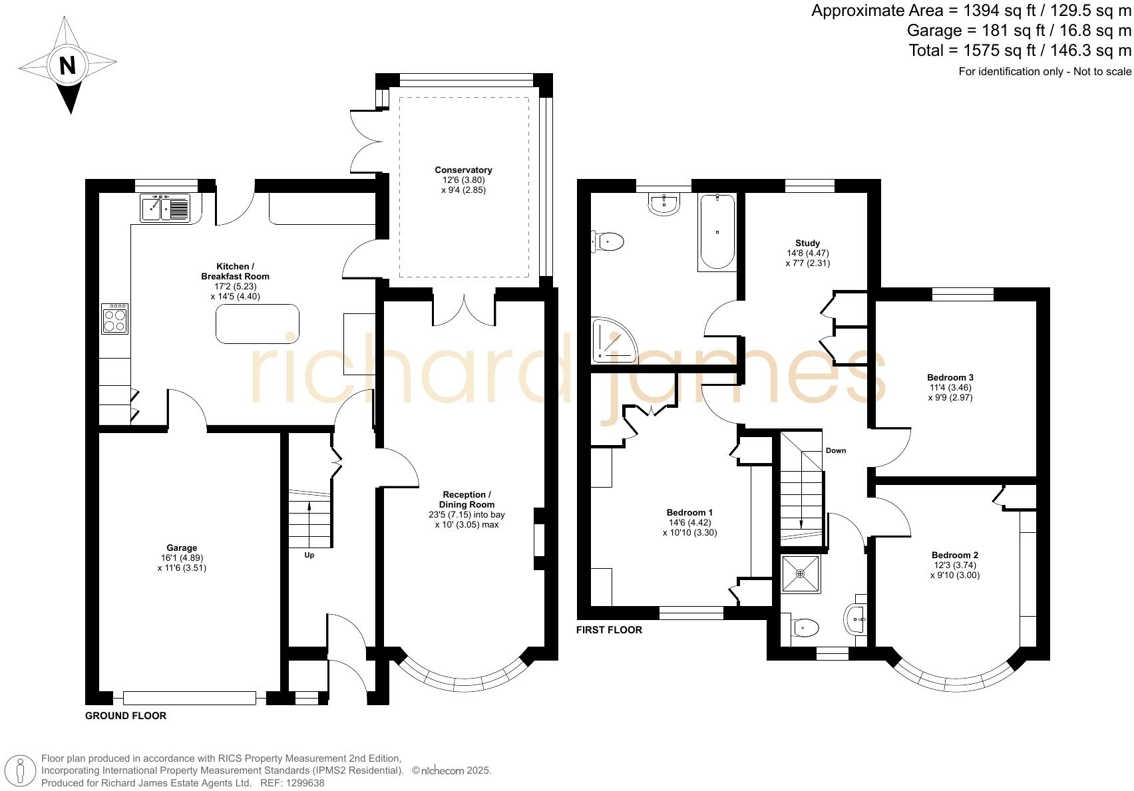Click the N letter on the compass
click(67, 66)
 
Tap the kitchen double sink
click(165, 208)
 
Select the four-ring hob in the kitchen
click(114, 319)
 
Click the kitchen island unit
click(257, 324)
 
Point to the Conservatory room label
click(463, 170)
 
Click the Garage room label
click(182, 548)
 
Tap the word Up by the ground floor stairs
click(309, 555)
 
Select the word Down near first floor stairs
click(836, 450)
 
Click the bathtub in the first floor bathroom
click(717, 232)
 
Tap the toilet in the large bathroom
click(608, 241)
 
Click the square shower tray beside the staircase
click(800, 573)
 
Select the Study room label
click(807, 243)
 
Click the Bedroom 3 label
click(951, 377)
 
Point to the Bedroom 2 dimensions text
click(954, 570)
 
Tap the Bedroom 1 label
click(689, 512)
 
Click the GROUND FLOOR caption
click(126, 716)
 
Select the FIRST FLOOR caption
click(609, 630)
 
